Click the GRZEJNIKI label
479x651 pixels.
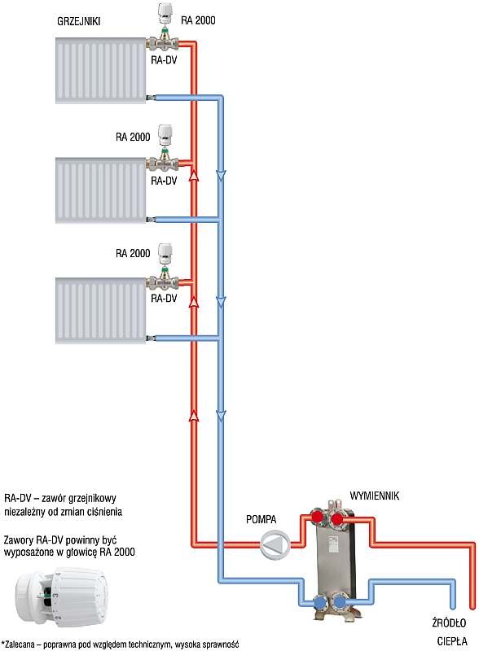coord(78,21)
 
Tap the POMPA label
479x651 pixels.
coord(261,519)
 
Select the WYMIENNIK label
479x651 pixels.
coord(374,496)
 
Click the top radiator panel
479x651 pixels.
coord(101,71)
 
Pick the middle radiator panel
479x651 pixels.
coord(101,190)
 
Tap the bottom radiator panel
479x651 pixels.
coord(101,311)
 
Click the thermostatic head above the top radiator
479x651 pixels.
coord(165,14)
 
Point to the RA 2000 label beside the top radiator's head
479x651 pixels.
coord(198,20)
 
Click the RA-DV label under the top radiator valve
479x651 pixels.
coord(164,59)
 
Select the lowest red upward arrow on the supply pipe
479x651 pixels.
coord(194,415)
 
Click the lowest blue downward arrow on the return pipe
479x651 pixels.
coord(221,416)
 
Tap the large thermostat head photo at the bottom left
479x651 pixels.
coord(61,596)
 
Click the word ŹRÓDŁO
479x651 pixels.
coord(449,623)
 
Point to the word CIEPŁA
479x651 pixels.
coord(452,640)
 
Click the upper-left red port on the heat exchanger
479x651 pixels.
coord(317,517)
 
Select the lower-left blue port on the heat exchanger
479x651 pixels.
coord(320,601)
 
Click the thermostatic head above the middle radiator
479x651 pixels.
coord(165,134)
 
